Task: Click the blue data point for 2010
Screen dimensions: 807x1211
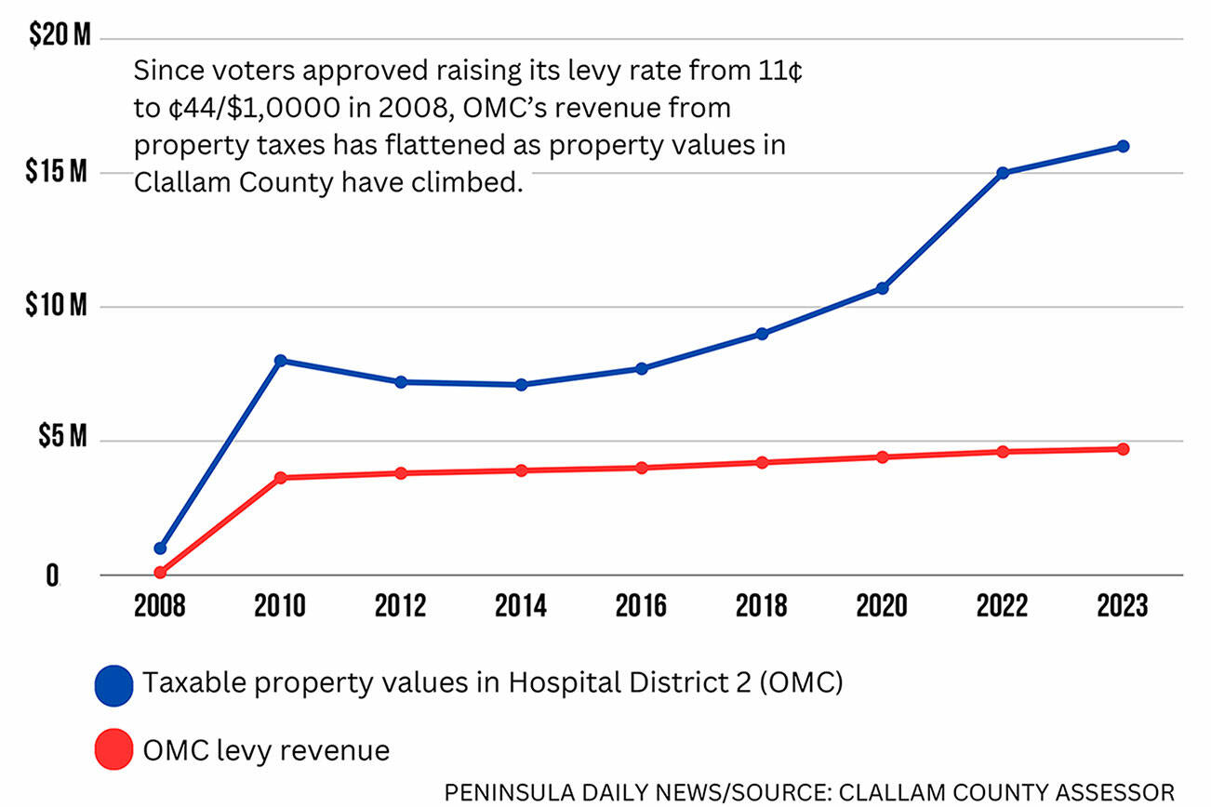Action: point(280,361)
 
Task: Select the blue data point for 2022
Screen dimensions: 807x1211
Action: point(1003,173)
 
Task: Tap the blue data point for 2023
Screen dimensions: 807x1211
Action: point(1123,146)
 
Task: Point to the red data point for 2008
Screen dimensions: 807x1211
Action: point(160,573)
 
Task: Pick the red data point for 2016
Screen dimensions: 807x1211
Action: point(642,468)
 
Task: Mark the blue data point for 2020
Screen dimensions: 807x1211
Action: point(882,288)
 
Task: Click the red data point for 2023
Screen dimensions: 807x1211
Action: point(1123,449)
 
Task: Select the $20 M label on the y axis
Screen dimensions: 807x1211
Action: point(60,38)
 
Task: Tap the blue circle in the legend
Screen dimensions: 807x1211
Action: point(114,685)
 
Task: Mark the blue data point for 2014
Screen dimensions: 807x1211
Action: point(521,385)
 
